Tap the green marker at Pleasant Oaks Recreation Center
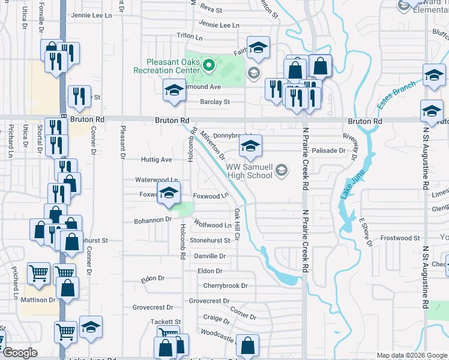[209, 65]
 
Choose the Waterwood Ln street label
[156, 179]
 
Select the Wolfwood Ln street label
[212, 224]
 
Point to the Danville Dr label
[210, 256]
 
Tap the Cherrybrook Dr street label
[225, 286]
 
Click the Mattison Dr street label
[40, 299]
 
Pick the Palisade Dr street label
[329, 151]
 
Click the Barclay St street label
[215, 102]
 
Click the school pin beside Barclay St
[174, 91]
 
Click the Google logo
[20, 353]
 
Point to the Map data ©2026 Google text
[411, 355]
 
